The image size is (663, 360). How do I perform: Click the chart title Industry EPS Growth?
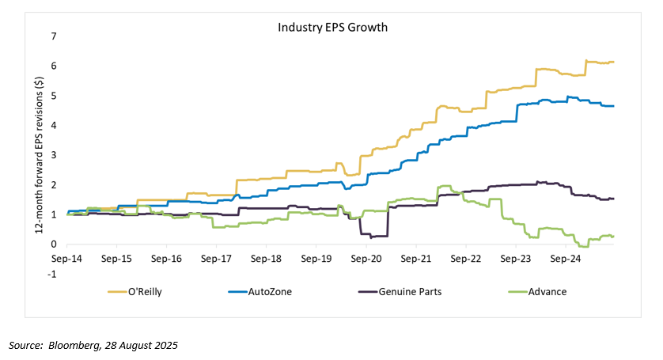(x=331, y=27)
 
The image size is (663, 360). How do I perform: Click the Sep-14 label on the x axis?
(x=66, y=258)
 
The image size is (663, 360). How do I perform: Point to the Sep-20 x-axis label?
(x=366, y=258)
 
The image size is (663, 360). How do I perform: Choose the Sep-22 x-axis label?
(x=466, y=258)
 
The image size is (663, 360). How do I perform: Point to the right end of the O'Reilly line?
(x=614, y=62)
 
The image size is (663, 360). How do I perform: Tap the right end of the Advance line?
(x=614, y=236)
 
